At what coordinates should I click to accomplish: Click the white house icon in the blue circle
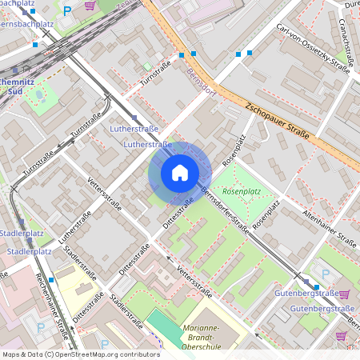point(180,173)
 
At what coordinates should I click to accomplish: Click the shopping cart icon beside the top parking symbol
point(90,6)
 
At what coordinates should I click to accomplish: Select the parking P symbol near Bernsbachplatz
point(67,11)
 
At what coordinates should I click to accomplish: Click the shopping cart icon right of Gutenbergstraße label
point(345,294)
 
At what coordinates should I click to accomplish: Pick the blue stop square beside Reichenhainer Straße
point(51,280)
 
